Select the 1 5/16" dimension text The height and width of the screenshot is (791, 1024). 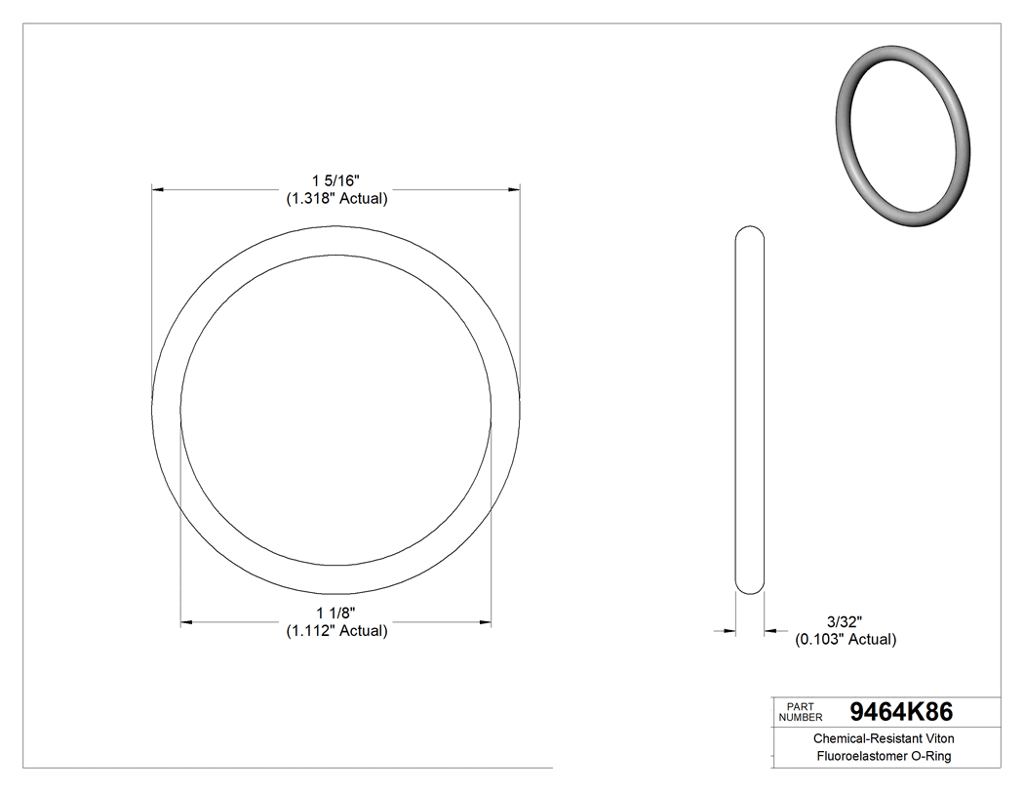336,180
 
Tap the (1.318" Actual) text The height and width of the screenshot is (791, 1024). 336,198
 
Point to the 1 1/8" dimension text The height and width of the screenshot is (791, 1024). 336,613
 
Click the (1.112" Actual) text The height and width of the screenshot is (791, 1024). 336,630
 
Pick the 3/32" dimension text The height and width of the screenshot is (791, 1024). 845,621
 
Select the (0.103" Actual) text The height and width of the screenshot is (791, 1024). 845,639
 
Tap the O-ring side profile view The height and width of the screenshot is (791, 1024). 749,410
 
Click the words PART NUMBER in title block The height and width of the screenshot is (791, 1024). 801,712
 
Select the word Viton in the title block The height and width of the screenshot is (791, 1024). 935,739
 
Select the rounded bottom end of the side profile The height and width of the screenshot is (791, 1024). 749,587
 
